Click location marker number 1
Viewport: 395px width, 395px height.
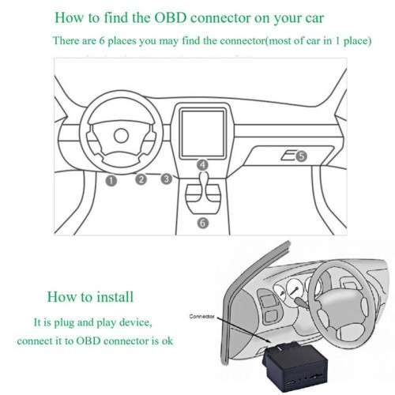[x=111, y=181]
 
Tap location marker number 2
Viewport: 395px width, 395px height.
[x=141, y=179]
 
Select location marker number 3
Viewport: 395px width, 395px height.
[x=166, y=179]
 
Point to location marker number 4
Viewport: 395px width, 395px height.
[x=203, y=165]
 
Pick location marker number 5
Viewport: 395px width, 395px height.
[x=300, y=157]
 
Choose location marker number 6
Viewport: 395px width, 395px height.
[x=203, y=224]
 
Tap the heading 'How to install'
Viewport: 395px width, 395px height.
[x=90, y=297]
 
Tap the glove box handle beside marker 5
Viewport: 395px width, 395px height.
[x=288, y=156]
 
